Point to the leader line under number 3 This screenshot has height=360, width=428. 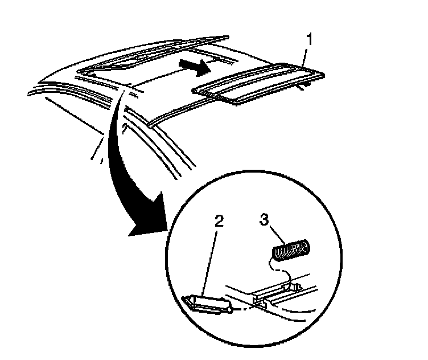[274, 233]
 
